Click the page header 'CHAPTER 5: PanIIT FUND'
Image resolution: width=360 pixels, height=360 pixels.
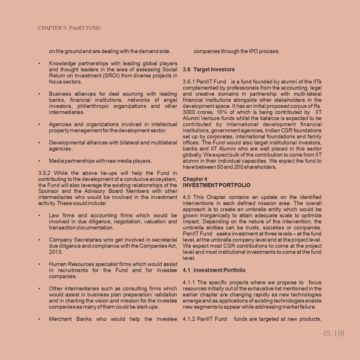click(x=69, y=28)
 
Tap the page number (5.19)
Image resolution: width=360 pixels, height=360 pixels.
click(x=334, y=333)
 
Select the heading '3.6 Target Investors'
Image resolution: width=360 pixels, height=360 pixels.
click(x=209, y=69)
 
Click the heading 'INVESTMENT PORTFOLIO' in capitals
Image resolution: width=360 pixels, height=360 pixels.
click(x=216, y=185)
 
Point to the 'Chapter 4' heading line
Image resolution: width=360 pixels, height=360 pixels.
click(x=195, y=179)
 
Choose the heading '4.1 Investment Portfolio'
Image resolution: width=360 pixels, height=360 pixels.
click(x=214, y=270)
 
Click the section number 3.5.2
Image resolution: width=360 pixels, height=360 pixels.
click(x=44, y=173)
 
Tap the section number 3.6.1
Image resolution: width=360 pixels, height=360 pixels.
click(x=189, y=82)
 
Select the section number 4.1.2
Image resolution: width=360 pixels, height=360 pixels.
click(x=189, y=319)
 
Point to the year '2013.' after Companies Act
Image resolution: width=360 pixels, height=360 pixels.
click(x=56, y=252)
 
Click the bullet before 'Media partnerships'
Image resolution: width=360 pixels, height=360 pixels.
click(x=39, y=161)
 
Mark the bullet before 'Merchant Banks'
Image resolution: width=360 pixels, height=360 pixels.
click(x=39, y=319)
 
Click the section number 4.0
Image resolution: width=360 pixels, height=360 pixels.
click(x=187, y=197)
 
